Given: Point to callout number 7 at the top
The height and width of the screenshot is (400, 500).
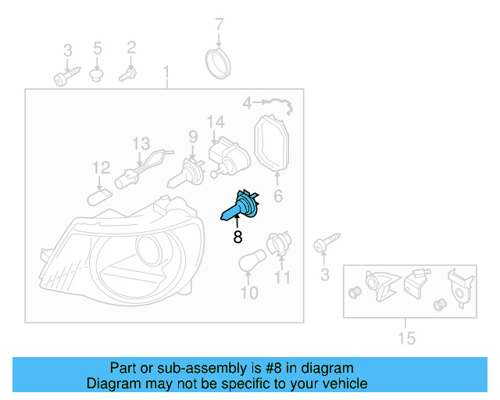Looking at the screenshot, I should (220, 23).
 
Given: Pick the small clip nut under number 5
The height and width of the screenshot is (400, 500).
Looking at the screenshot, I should (98, 75).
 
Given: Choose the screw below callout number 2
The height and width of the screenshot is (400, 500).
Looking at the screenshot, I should (128, 76).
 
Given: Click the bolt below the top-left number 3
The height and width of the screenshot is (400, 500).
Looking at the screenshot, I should (65, 77).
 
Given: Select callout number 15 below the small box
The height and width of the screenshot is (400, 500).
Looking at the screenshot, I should (405, 338).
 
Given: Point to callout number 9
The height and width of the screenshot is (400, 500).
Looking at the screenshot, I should (192, 137).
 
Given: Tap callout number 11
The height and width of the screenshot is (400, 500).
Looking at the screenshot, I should (282, 277).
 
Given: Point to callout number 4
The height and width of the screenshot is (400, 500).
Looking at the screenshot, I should (246, 103).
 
